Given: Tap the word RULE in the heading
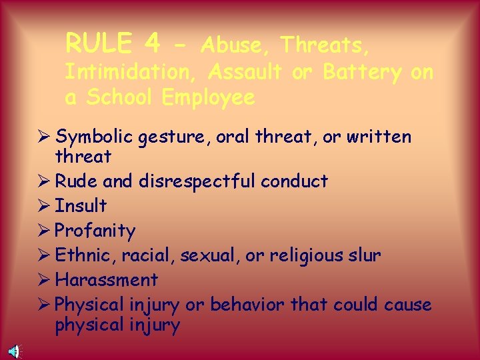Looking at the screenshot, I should point(97,44).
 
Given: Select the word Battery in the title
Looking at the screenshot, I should point(360,71).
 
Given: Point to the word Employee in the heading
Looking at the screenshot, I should point(208,97).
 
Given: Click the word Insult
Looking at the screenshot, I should point(80,205).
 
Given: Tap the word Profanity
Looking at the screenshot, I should point(95,231).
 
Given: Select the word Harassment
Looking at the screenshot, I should point(106,279).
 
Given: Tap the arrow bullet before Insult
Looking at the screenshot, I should point(44,205).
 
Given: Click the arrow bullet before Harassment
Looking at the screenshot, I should point(44,279).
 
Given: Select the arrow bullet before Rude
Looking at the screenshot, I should point(44,181).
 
